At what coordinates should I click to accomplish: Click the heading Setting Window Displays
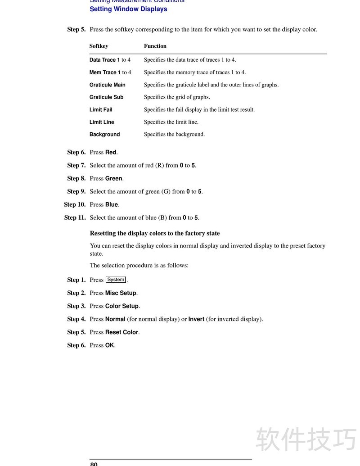click(x=128, y=9)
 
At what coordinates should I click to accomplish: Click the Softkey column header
click(x=99, y=46)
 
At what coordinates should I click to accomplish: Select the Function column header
click(x=155, y=46)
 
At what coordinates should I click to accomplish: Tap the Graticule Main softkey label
click(x=107, y=85)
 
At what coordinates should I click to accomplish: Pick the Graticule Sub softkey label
click(x=106, y=97)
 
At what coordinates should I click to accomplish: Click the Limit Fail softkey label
click(x=101, y=109)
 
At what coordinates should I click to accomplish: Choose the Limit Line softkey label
click(x=102, y=122)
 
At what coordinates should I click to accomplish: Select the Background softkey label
click(x=104, y=134)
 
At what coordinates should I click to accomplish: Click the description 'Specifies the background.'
click(x=174, y=134)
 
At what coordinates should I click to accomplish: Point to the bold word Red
click(x=111, y=152)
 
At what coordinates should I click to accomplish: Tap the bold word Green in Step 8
click(x=113, y=178)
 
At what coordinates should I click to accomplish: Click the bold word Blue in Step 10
click(x=112, y=204)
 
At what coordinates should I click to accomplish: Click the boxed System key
click(x=116, y=280)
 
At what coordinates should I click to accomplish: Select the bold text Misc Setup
click(x=121, y=293)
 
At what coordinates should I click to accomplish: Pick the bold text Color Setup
click(x=122, y=306)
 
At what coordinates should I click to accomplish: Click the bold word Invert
click(x=196, y=319)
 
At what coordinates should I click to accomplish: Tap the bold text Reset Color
click(x=121, y=332)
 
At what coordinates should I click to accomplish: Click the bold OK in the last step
click(x=110, y=345)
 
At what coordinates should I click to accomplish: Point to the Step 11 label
click(x=75, y=217)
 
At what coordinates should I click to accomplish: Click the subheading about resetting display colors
click(x=155, y=233)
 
